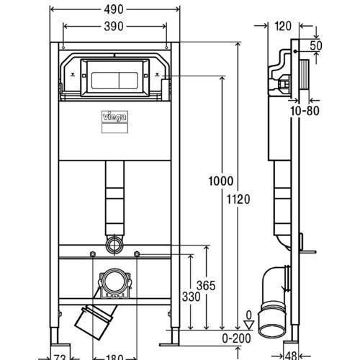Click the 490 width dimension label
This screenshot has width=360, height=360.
pos(114,10)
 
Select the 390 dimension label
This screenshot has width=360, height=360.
pos(115,27)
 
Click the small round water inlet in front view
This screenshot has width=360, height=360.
pos(114,244)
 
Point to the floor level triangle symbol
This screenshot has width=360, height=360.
pos(247,323)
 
